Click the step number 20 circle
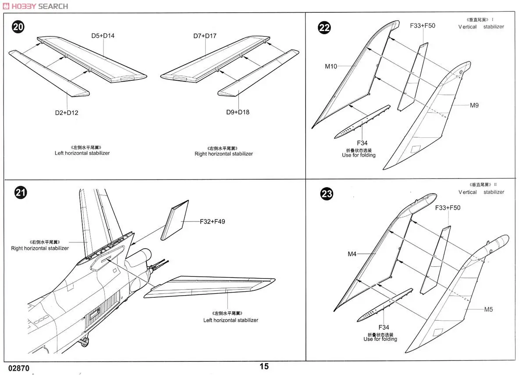pyautogui.click(x=18, y=27)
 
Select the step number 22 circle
pyautogui.click(x=324, y=28)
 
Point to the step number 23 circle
pyautogui.click(x=327, y=194)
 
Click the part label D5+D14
pyautogui.click(x=103, y=36)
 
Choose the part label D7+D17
pyautogui.click(x=205, y=36)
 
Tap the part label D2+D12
pyautogui.click(x=67, y=113)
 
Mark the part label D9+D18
pyautogui.click(x=238, y=112)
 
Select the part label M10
pyautogui.click(x=331, y=66)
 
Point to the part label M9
pyautogui.click(x=474, y=105)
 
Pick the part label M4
pyautogui.click(x=352, y=254)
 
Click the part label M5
pyautogui.click(x=488, y=309)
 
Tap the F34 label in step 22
pyautogui.click(x=362, y=143)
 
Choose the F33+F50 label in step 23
pyautogui.click(x=448, y=207)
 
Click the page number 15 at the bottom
pyautogui.click(x=264, y=367)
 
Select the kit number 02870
pyautogui.click(x=18, y=368)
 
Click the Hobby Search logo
pyautogui.click(x=35, y=6)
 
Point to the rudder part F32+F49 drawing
pyautogui.click(x=174, y=220)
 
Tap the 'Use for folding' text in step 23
pyautogui.click(x=380, y=339)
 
